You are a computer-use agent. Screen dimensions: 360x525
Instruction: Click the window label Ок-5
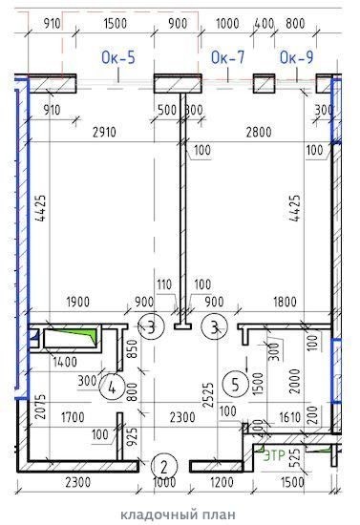point(118,57)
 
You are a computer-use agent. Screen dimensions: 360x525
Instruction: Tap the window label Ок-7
point(227,57)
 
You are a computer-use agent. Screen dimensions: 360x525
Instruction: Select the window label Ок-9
point(296,57)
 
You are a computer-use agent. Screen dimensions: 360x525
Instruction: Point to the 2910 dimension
point(104,133)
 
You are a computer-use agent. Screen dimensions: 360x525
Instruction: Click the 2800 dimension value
point(259,132)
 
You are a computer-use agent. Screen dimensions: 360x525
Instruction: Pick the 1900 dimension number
point(78,302)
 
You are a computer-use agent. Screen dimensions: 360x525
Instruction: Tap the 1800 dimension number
point(285,302)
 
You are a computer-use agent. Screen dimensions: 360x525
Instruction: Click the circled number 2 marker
point(163,466)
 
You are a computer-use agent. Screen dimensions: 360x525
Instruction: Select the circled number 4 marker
point(112,388)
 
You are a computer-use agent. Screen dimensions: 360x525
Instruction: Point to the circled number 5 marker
point(236,385)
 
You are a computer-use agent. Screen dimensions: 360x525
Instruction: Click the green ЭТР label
point(275,455)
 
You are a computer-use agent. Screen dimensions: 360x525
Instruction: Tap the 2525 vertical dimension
point(208,395)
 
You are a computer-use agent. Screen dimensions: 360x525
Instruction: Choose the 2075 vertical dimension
point(40,407)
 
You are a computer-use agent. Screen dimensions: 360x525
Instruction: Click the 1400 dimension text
point(65,362)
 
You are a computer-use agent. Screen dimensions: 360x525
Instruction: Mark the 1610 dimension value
point(290,417)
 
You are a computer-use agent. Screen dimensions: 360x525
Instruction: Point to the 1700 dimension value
point(73,417)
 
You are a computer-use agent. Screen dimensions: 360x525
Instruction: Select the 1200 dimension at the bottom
point(222,482)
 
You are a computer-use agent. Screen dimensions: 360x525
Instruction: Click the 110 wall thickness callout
point(164,284)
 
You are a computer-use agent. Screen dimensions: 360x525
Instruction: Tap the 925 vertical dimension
point(133,436)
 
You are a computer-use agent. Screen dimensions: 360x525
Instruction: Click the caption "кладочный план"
point(178,514)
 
